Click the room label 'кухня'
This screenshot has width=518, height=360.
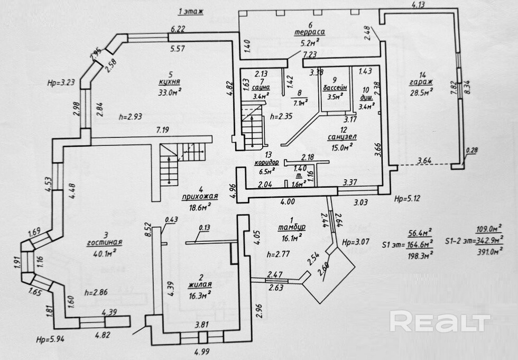(x=170, y=82)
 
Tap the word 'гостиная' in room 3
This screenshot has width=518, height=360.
(x=106, y=242)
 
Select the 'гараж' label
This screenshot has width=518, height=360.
(x=420, y=82)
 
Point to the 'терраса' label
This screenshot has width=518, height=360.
(x=310, y=32)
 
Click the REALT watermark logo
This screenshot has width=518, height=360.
(x=440, y=321)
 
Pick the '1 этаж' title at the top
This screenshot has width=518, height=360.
(x=191, y=11)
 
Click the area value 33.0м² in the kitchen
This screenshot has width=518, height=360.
(x=170, y=93)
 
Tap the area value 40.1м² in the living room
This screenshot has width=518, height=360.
(x=106, y=252)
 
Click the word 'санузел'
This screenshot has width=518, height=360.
(x=343, y=137)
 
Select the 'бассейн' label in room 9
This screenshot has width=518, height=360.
(x=335, y=88)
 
